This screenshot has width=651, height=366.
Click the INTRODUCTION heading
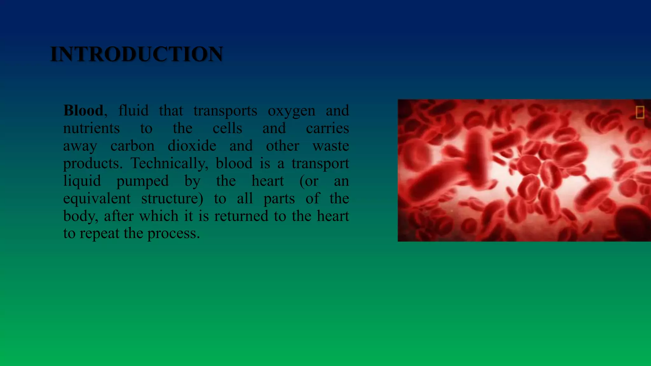tap(137, 54)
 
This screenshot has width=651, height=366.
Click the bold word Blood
tap(83, 111)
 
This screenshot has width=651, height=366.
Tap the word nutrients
tap(92, 128)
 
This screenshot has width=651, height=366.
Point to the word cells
tap(227, 128)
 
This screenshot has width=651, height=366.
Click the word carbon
tap(132, 146)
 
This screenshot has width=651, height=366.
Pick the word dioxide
tap(192, 146)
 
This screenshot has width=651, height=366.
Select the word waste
tap(331, 146)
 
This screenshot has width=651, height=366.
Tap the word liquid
tap(82, 181)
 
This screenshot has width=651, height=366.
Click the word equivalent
tap(97, 199)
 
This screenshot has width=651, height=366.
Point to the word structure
tap(172, 199)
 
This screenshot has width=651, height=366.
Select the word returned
tap(241, 216)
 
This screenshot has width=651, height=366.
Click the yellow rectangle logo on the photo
tap(640, 112)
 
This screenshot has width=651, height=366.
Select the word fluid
tap(133, 111)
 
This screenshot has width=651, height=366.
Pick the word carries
tap(327, 128)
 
